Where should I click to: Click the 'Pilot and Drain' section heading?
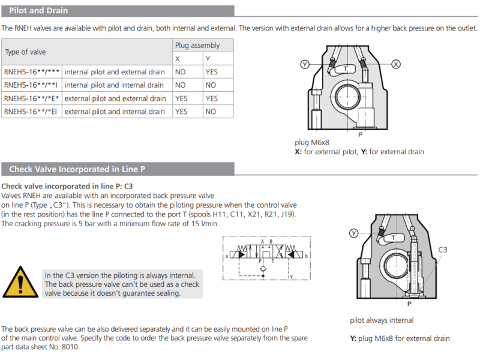pos(38,10)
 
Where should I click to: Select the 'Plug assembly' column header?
pos(197,45)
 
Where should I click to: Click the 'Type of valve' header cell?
pos(25,52)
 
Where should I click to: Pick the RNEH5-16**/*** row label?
pos(31,71)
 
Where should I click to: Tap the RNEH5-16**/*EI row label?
pos(31,112)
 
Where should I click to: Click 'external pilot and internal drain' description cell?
pos(115,112)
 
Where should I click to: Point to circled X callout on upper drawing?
pos(396,64)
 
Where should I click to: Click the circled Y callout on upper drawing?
pos(305,64)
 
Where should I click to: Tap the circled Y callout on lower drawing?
pos(354,233)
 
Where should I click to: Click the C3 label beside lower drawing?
pos(443,249)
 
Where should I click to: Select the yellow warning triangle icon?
pos(19,281)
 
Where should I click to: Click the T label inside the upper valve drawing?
pos(345,70)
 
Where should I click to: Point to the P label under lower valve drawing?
pos(409,304)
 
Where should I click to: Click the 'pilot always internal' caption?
pos(382,320)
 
